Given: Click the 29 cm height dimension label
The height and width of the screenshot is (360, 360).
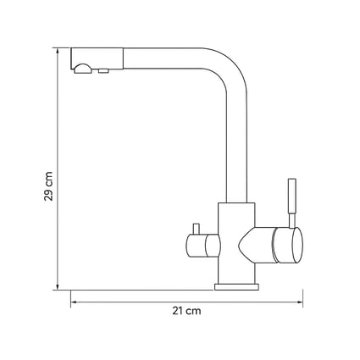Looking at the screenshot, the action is [48, 186].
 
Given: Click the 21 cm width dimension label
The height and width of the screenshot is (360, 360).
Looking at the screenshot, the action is [186, 311].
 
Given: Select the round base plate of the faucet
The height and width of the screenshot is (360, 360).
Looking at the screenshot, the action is [236, 287].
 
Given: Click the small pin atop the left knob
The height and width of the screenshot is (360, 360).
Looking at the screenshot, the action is [196, 229].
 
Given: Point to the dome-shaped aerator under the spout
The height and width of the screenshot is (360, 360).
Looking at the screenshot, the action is [82, 69].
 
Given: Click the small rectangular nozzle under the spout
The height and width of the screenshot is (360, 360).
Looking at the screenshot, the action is [103, 71].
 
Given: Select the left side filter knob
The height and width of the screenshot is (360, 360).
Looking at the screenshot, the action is [202, 246].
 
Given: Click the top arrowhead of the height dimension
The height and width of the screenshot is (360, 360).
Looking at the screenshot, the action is [58, 51].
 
